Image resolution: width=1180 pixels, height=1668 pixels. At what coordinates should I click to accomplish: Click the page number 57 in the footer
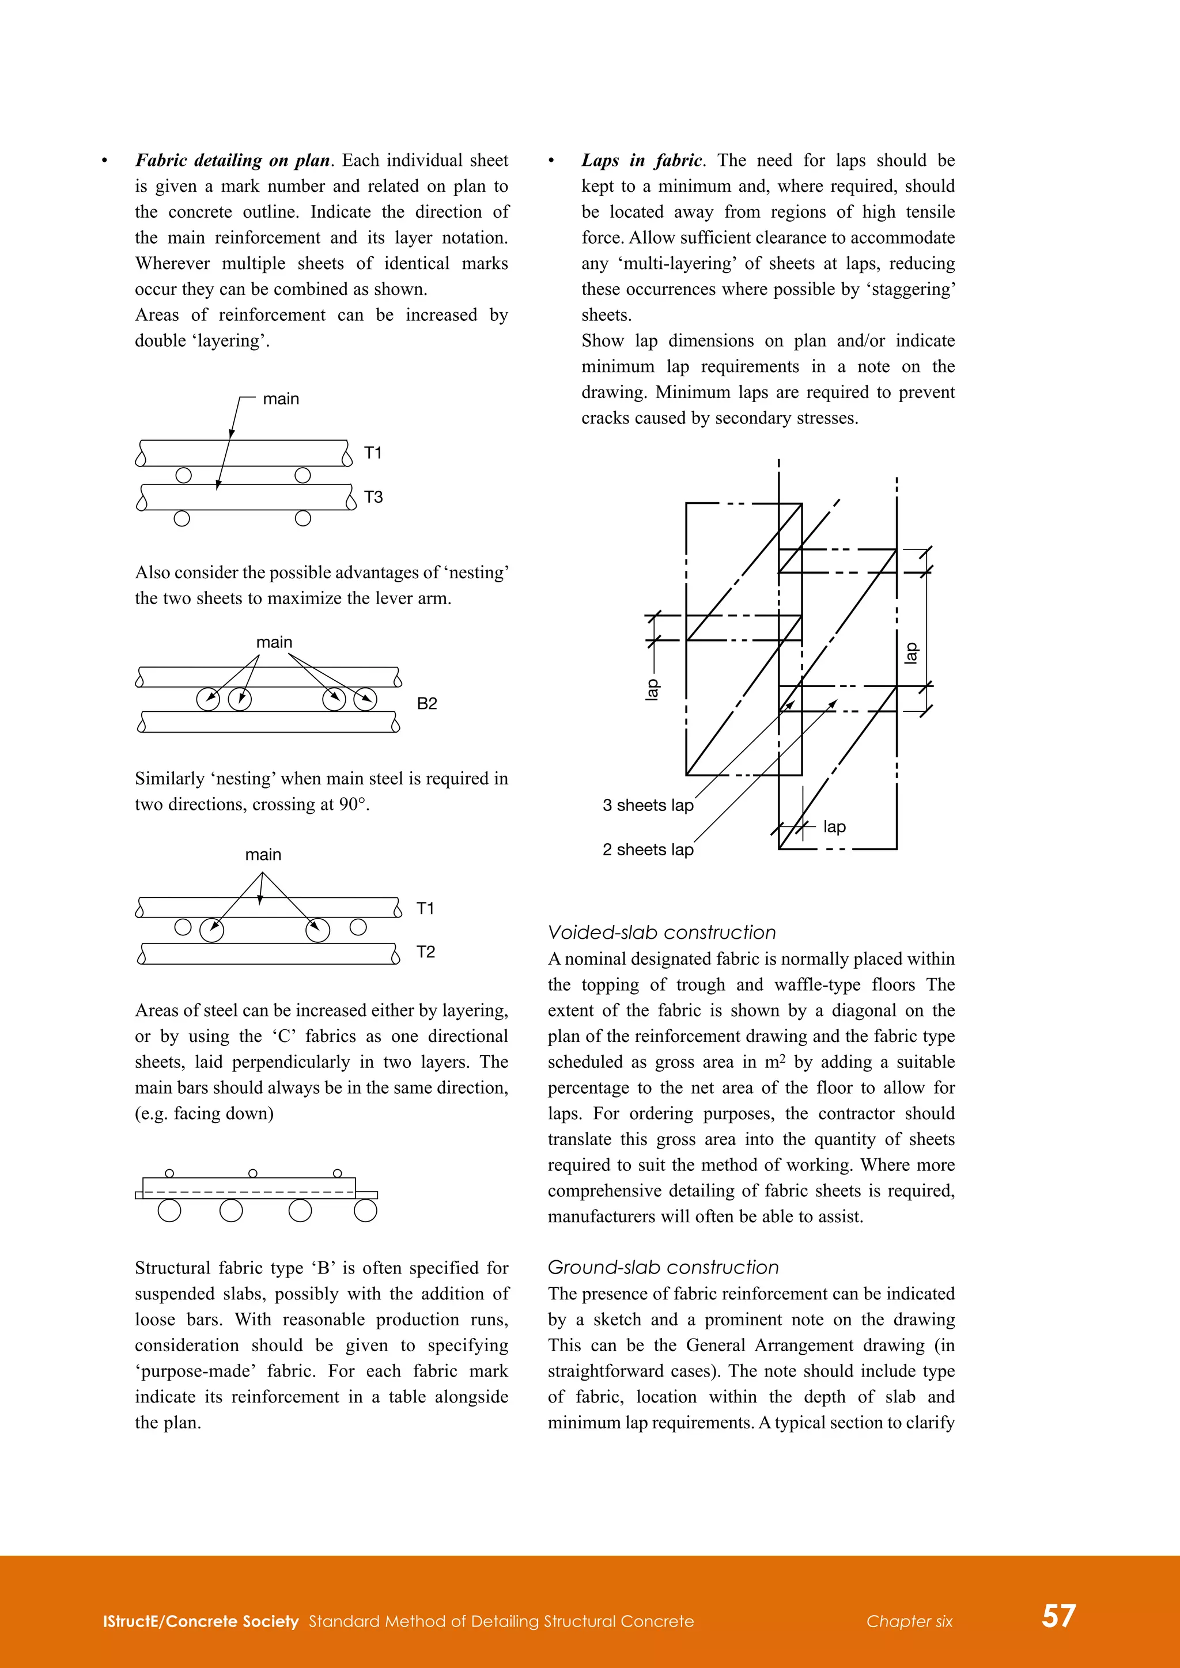coord(1058,1615)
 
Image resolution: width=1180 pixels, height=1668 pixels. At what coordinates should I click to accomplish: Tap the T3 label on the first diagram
coord(373,497)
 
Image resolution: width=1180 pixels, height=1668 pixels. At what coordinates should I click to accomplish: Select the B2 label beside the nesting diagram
coord(426,703)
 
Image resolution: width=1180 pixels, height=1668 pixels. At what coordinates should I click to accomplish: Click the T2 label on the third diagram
coord(425,951)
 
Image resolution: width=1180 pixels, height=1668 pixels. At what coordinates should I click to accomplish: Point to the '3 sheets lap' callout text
coord(648,805)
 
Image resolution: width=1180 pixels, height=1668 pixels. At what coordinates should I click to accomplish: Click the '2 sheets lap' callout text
coord(648,849)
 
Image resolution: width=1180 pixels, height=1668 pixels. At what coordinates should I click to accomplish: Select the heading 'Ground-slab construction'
coord(663,1267)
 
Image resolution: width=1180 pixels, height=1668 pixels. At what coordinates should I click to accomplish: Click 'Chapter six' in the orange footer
coord(909,1621)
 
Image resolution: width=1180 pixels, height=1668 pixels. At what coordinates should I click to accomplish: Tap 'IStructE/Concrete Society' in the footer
coord(201,1621)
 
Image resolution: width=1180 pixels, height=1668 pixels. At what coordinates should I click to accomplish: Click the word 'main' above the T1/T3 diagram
coord(281,399)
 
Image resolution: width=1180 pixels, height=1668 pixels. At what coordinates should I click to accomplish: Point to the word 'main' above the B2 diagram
coord(274,642)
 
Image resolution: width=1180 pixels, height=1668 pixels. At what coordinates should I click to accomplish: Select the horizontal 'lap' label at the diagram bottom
coord(834,827)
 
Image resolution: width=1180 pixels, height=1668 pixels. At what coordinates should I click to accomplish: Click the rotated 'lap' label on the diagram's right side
coord(910,653)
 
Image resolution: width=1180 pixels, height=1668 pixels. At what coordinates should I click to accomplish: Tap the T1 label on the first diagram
coord(373,453)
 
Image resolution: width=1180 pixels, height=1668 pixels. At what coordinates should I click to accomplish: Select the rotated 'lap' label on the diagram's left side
coord(652,689)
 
